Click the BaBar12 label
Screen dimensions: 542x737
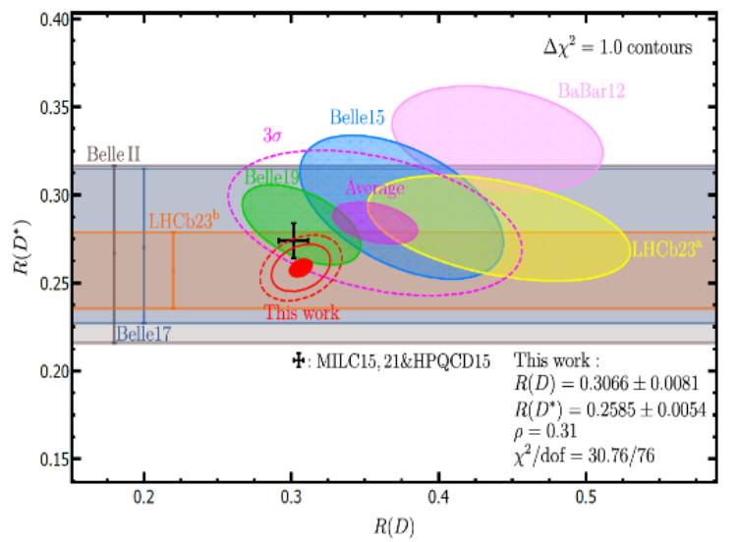point(593,90)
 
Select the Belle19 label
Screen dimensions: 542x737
point(273,178)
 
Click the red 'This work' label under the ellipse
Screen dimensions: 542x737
point(302,313)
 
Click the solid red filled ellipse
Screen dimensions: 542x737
point(301,266)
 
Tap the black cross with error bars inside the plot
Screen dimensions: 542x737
point(293,241)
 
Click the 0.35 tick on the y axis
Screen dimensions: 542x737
point(53,107)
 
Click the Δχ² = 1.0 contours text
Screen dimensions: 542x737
point(619,47)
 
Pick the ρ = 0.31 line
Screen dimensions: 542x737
point(544,431)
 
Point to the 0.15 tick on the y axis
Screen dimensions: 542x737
point(53,460)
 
